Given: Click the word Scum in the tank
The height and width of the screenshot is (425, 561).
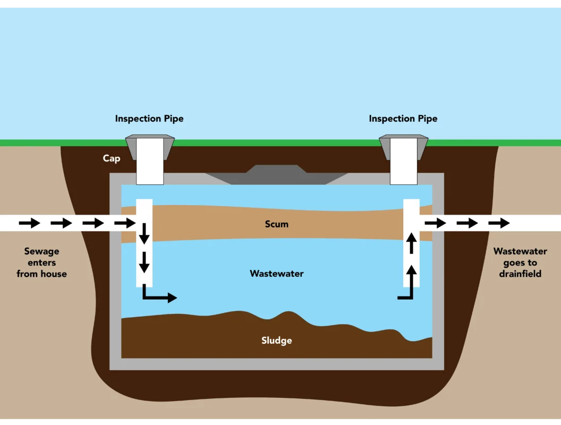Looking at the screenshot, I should (276, 224).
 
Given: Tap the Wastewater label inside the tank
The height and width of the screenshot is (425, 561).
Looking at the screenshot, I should (276, 274).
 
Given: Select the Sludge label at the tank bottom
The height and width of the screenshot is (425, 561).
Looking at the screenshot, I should (276, 341).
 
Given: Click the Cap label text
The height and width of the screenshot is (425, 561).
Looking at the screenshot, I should (112, 158).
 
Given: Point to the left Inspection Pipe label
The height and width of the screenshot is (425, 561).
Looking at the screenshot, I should (149, 118).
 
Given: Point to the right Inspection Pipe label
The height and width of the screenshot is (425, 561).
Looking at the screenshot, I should (403, 118).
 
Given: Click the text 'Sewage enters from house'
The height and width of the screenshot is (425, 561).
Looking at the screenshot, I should (41, 262).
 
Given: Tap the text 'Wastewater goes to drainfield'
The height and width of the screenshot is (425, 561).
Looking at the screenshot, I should (520, 262).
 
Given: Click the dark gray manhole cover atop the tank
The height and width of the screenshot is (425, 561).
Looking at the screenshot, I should (276, 175).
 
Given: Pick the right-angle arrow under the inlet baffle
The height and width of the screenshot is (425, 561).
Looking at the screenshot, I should (158, 295).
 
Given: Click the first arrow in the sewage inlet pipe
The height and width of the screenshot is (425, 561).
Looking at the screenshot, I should (30, 223).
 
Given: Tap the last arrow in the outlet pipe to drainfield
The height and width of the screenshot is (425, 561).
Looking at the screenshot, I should (499, 223).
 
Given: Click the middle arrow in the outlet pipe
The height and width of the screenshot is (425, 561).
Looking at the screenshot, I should (467, 223).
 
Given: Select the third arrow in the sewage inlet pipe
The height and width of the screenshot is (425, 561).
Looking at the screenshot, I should (93, 223).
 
